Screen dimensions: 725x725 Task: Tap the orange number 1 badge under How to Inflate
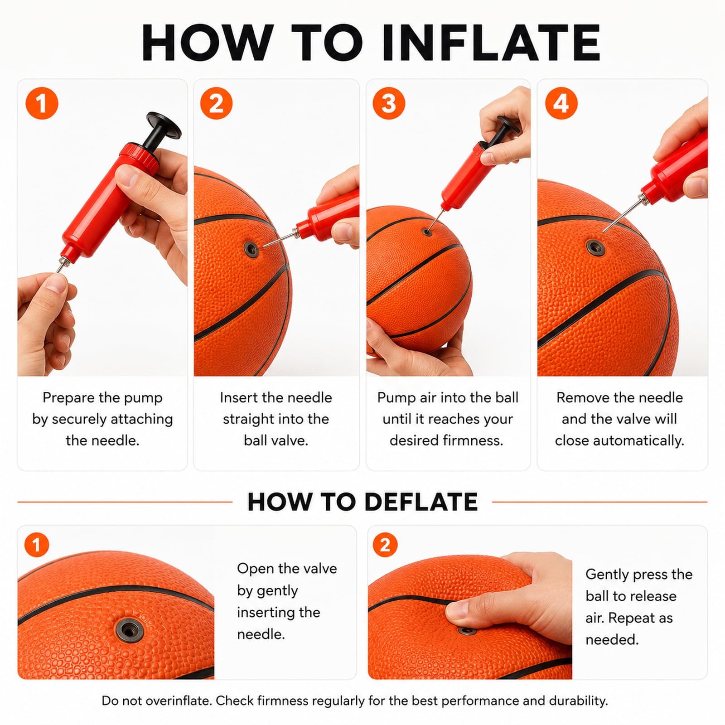pos(42,103)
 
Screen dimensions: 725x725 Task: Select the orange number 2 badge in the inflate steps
pos(216,103)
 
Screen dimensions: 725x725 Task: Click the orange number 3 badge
pos(389,103)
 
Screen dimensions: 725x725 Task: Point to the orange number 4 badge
pos(561,103)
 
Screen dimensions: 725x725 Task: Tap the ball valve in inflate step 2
pos(250,247)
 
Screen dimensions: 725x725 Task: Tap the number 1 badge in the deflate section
pos(37,545)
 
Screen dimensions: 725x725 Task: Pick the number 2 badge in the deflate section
pos(385,545)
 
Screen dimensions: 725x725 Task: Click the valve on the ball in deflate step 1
pos(130,628)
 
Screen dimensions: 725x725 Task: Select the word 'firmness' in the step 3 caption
pos(477,440)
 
